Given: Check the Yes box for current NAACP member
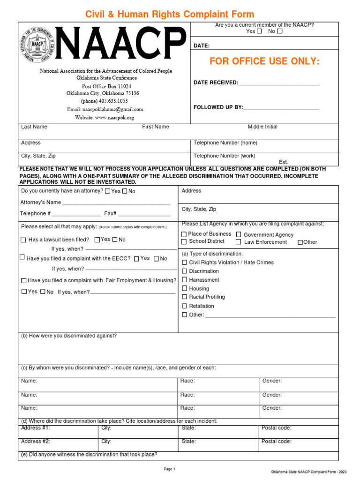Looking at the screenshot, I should (259, 31).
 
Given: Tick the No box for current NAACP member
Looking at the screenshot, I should (280, 31).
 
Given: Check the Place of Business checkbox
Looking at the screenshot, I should (184, 234).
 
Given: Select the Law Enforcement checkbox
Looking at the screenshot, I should (239, 242).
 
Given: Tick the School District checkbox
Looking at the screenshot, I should (184, 241).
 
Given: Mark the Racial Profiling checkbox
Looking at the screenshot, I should (184, 297).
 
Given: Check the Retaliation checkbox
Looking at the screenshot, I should (184, 306).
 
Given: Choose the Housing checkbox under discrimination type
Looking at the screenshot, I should (184, 289).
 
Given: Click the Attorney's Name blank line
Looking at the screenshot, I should (116, 202).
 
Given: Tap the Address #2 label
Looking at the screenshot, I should (36, 442).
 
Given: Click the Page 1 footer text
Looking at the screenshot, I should (169, 469).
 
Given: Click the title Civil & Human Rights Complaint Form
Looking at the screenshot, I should (170, 15).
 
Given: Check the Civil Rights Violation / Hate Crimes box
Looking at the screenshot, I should (184, 262).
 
